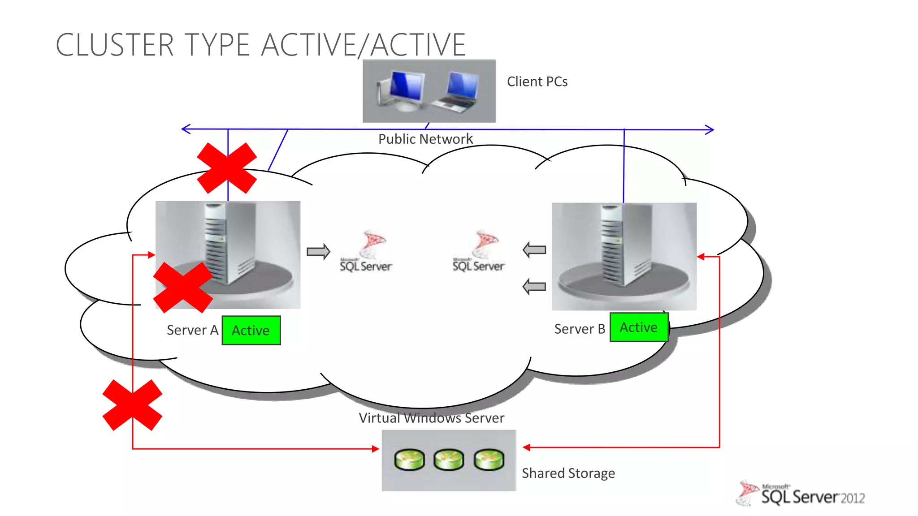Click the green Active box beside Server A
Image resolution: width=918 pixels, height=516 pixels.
point(251,331)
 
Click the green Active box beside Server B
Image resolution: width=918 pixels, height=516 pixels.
point(639,327)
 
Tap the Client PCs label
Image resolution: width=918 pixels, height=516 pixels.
point(537,82)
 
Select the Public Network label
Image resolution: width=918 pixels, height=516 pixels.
point(425,139)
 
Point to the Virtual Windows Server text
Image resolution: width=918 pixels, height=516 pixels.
point(431,418)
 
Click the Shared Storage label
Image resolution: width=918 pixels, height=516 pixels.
point(568,473)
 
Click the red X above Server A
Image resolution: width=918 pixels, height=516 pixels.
point(227,168)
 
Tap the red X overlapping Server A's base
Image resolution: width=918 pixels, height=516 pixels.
point(183,287)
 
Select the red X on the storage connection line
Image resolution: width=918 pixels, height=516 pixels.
point(132,405)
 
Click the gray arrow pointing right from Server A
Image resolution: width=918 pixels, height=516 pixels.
point(318,251)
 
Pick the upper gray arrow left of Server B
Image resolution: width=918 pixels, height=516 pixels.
point(534,250)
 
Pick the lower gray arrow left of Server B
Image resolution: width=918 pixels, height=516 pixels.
point(534,286)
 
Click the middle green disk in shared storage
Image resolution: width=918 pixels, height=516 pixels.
point(449,460)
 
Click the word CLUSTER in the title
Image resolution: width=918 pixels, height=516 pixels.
point(115,45)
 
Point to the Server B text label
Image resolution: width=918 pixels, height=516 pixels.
point(579,329)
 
